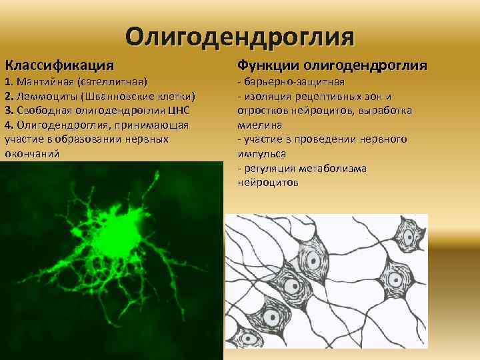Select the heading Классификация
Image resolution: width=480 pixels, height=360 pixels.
[59, 65]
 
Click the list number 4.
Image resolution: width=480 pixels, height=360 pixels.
[9, 125]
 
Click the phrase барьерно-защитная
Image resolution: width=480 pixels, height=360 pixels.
[294, 82]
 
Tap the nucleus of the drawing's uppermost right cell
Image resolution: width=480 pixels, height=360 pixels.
[405, 237]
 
